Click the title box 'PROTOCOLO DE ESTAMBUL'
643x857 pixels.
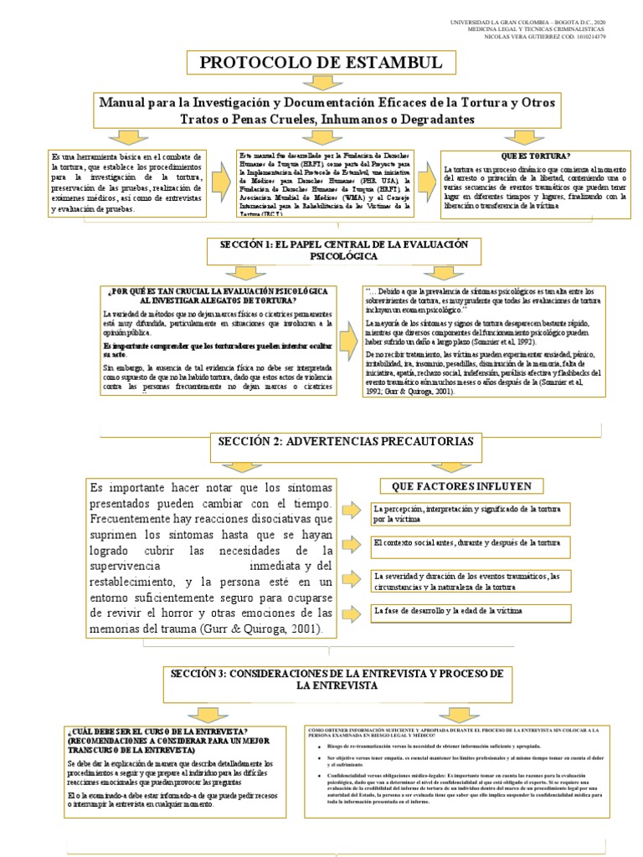point(321,64)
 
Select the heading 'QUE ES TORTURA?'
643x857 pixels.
point(536,157)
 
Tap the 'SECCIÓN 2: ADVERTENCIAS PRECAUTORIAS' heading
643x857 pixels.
point(345,441)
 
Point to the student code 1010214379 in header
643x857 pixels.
point(583,37)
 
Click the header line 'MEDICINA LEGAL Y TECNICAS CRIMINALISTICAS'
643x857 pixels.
point(535,28)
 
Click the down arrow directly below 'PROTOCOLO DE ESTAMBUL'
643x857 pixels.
point(321,83)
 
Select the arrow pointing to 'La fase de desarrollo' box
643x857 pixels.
point(355,613)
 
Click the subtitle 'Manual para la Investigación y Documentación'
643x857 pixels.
point(327,109)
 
